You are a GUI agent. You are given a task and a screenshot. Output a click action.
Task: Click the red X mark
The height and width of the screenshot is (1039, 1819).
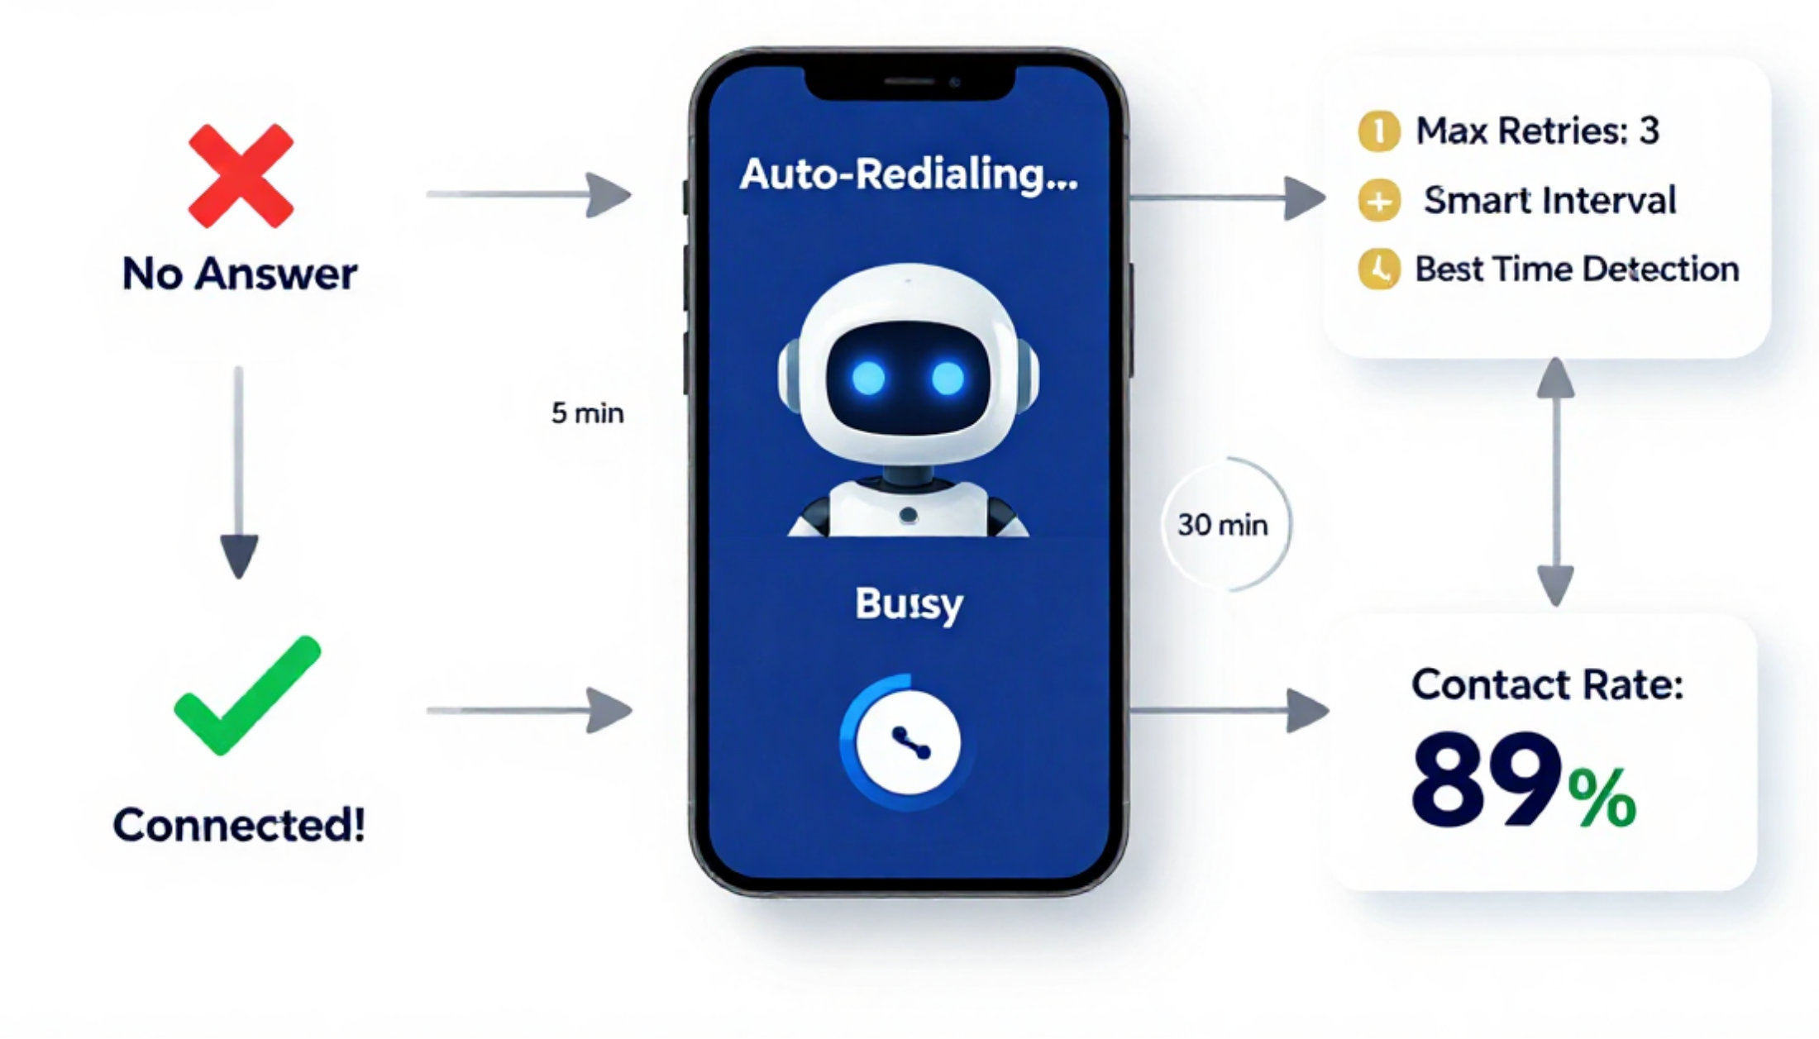tap(241, 175)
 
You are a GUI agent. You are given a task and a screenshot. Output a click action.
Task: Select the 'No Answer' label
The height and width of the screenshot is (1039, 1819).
tap(240, 274)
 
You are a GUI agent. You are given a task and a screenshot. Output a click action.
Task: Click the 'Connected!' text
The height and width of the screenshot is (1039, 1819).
tap(239, 824)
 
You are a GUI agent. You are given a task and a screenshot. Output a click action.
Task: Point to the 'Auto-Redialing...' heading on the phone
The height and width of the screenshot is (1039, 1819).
tap(909, 175)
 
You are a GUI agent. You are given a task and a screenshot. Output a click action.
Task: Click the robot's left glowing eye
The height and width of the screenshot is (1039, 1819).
tap(868, 379)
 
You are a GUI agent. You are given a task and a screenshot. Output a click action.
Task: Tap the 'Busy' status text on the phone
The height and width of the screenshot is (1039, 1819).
tap(909, 604)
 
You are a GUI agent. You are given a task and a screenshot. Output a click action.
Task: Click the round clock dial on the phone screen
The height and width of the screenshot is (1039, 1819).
tap(908, 741)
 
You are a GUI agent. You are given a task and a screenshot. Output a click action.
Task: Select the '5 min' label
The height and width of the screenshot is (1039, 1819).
tap(587, 412)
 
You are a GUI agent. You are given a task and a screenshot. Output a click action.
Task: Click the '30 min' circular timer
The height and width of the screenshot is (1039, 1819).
tap(1287, 524)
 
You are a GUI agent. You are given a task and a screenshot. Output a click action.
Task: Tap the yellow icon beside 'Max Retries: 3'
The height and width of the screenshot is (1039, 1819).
tap(1378, 131)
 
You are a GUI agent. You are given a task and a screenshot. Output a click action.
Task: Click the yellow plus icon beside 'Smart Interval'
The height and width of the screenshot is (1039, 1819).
tap(1379, 201)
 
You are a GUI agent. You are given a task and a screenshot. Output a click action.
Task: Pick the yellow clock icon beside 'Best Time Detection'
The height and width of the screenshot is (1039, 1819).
tap(1379, 269)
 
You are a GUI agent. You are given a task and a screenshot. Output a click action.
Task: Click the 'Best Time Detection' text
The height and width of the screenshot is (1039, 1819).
tap(1577, 269)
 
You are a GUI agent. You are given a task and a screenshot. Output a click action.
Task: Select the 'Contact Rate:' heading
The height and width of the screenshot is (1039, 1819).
tap(1547, 685)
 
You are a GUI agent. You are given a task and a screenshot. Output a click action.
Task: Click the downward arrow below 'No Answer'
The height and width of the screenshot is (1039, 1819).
tap(239, 472)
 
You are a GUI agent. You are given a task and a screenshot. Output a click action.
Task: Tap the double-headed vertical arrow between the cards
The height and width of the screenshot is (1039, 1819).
tap(1556, 482)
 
